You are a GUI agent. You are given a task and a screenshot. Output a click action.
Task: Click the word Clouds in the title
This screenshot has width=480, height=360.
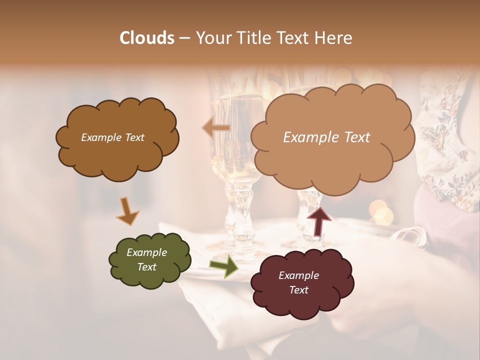(147, 38)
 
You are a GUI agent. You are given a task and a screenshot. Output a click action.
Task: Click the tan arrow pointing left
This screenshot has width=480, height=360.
(216, 128)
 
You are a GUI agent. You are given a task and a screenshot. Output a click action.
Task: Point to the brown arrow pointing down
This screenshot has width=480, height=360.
(127, 210)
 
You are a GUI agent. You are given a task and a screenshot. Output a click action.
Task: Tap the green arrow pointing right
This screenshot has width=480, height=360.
(223, 266)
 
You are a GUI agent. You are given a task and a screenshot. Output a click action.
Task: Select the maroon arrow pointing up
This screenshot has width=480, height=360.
(319, 220)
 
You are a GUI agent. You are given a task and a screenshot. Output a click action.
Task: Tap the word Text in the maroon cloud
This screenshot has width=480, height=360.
(299, 290)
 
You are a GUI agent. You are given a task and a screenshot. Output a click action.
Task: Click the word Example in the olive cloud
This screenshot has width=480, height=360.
(146, 252)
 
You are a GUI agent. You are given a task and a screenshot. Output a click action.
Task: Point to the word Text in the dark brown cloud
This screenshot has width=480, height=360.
(133, 137)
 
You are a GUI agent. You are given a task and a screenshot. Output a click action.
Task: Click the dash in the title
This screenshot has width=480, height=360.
(184, 38)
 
